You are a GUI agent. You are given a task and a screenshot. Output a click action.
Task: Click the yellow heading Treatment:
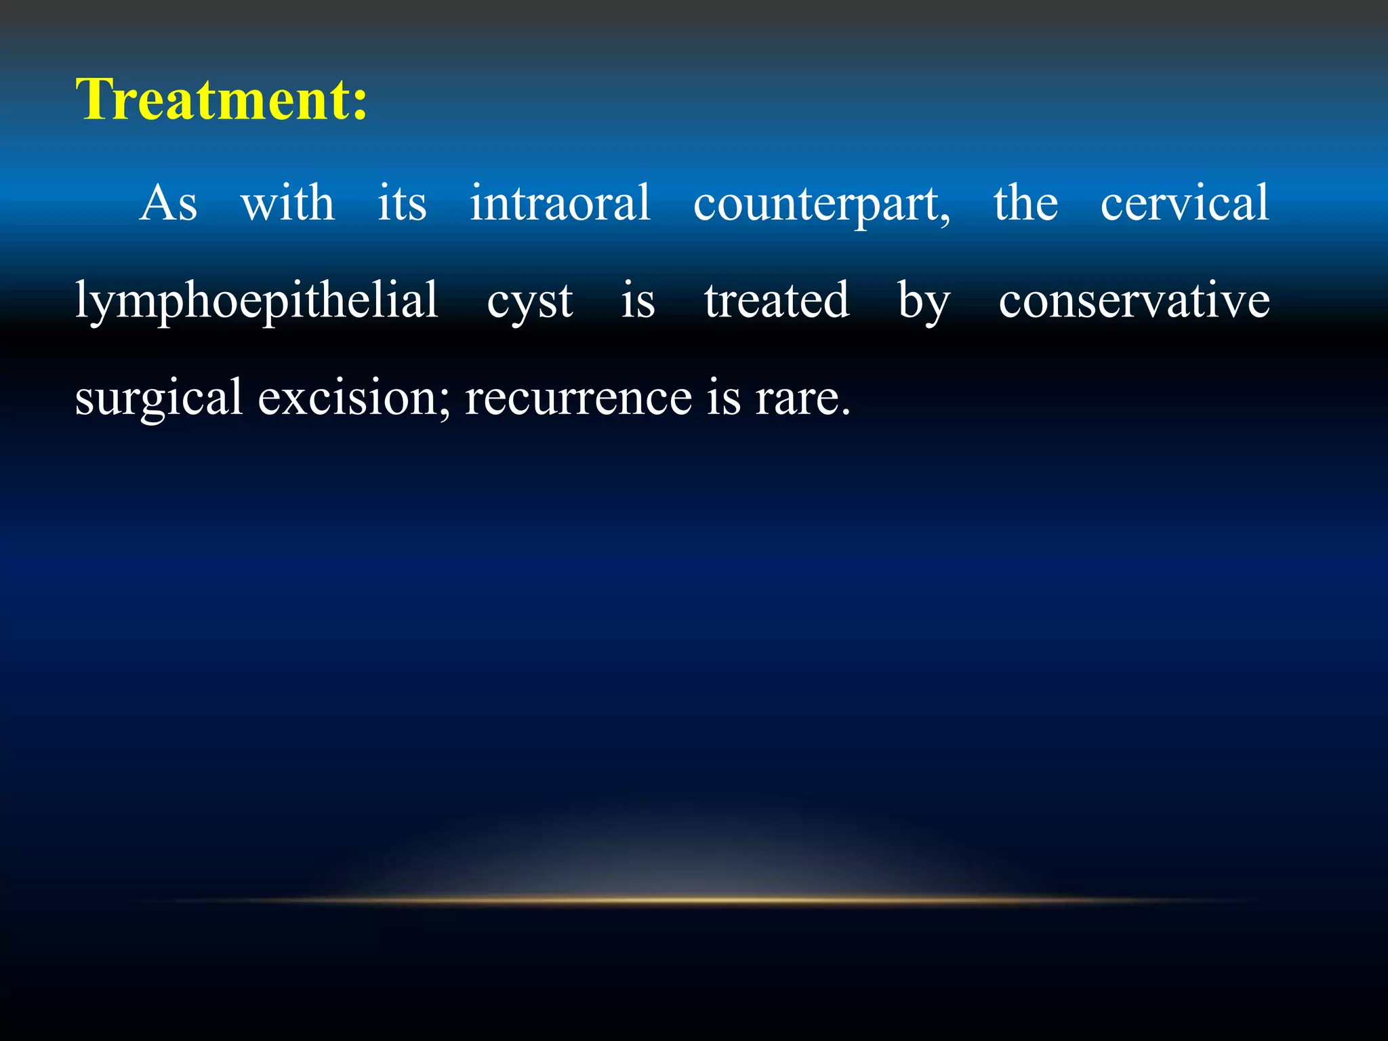coord(221,100)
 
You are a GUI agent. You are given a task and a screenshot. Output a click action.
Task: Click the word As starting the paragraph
coord(168,203)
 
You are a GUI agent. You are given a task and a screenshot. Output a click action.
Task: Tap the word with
coord(287,203)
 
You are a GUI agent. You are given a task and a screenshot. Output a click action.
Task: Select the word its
coord(402,203)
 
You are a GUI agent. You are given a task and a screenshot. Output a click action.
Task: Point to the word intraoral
coord(560,203)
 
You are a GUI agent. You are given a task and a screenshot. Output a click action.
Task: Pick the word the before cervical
coord(1025,203)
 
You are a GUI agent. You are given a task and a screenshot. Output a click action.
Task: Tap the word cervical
coord(1184,203)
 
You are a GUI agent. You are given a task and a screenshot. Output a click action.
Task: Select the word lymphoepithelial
coord(256,300)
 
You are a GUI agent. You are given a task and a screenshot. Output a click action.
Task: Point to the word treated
coord(776,300)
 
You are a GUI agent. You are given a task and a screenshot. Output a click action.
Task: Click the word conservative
coord(1134,300)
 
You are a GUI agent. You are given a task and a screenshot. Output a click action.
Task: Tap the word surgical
coord(158,399)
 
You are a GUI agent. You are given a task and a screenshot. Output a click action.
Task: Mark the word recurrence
coord(578,398)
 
